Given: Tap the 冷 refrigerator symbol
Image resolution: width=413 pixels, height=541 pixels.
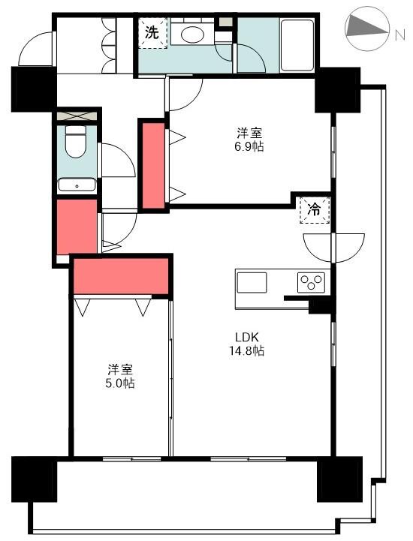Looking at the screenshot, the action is (x=315, y=210).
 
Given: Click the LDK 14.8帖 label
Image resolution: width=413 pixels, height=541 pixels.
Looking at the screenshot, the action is (x=247, y=344).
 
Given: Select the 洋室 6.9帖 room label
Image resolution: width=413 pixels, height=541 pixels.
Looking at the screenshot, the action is (x=249, y=140).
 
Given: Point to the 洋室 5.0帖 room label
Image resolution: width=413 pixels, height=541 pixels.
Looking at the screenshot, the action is (x=120, y=377).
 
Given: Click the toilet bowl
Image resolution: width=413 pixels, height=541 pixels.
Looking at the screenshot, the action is (x=76, y=142).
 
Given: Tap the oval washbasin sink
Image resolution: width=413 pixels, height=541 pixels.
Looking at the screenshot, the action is (x=193, y=35).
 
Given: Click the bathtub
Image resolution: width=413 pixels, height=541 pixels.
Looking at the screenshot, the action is (x=297, y=45).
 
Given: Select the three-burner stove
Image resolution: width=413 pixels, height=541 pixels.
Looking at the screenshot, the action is (x=311, y=283).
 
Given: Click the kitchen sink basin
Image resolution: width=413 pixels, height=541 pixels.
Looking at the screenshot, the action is (x=252, y=283).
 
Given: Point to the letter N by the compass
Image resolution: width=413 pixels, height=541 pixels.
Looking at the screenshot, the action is (x=400, y=35).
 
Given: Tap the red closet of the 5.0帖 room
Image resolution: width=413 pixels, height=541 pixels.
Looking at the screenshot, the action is (x=121, y=276).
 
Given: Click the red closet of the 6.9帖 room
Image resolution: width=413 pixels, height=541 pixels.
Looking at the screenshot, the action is (x=153, y=166).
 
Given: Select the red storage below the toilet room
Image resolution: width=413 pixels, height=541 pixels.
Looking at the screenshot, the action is (x=77, y=227).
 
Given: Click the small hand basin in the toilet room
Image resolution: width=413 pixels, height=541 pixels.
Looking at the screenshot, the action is (x=77, y=185).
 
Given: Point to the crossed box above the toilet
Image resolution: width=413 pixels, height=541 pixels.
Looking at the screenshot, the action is (x=77, y=116).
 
